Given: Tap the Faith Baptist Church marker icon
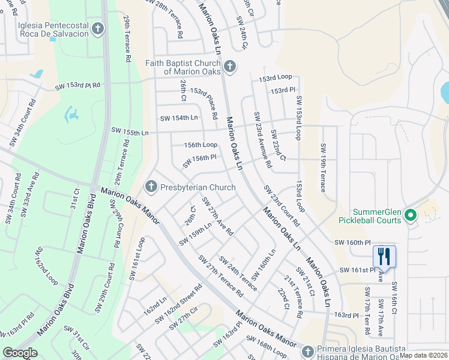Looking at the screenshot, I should [229, 66].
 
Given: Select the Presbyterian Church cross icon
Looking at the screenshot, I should [151, 187].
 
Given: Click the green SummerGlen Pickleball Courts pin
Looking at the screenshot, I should [411, 215].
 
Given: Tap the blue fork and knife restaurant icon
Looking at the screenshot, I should [383, 257].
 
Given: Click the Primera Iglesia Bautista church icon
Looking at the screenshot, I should [308, 351].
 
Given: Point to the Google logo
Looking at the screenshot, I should [20, 353].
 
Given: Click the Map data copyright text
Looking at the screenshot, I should [424, 355].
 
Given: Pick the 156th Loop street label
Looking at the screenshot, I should [200, 145].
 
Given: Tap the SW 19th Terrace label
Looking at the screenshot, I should [323, 168].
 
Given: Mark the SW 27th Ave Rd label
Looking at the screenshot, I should [217, 216].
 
